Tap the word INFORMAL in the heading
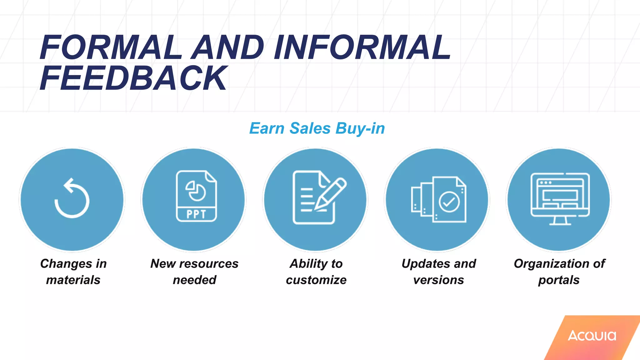tap(362, 47)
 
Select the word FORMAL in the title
tap(111, 47)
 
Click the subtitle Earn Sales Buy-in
tap(317, 128)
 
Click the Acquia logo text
tap(592, 336)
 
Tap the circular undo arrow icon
tap(72, 199)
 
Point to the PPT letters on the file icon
tap(196, 214)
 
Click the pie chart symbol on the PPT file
tap(196, 191)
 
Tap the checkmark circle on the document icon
tap(449, 202)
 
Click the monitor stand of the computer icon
tap(560, 221)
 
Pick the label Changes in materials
tap(73, 272)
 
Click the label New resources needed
tap(194, 272)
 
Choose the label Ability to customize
tap(316, 272)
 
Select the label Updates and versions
tap(439, 272)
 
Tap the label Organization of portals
tap(559, 272)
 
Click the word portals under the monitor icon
tap(559, 280)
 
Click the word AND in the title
tap(227, 47)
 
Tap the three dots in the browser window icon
tap(546, 182)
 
